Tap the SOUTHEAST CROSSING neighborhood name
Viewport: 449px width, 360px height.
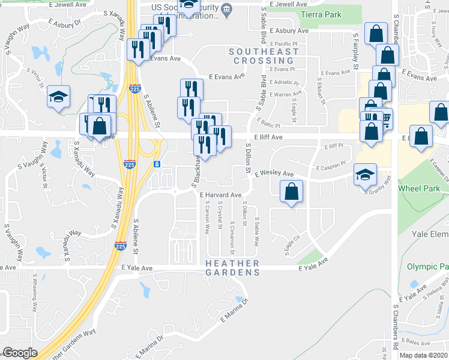tap(264, 56)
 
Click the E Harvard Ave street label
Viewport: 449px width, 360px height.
tap(220, 195)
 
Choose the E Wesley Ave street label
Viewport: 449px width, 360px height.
tap(274, 174)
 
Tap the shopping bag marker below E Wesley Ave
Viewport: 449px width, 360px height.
tap(291, 192)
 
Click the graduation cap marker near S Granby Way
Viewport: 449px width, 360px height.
tap(365, 175)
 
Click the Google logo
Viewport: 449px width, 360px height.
tap(20, 353)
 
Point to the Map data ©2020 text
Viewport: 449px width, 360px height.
tap(424, 355)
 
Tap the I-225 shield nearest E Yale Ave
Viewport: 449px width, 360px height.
tap(120, 245)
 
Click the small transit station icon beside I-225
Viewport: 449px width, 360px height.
tap(157, 164)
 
